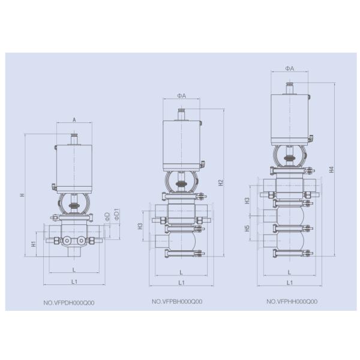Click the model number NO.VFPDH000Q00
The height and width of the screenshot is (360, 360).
[69, 302]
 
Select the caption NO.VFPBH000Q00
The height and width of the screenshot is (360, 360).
[177, 301]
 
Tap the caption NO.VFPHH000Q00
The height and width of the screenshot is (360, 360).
[292, 301]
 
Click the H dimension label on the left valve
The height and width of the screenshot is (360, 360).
[22, 195]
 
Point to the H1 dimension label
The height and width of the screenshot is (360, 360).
[34, 244]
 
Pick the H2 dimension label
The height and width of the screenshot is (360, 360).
[221, 183]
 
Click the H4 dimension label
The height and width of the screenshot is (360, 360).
[331, 169]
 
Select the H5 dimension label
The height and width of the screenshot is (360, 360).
[247, 228]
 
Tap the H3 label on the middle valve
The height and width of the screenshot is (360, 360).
[140, 226]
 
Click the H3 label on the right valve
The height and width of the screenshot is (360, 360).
[247, 200]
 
